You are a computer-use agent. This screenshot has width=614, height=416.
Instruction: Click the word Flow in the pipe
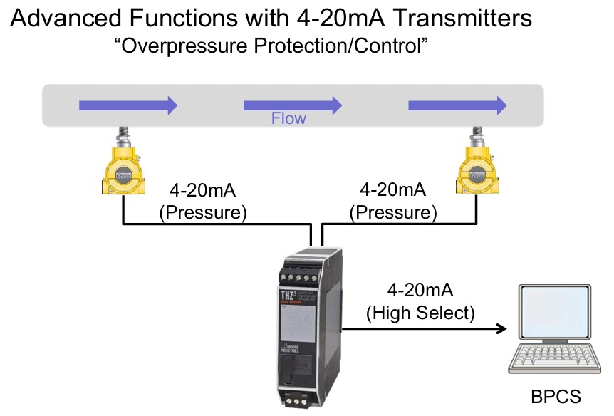288,118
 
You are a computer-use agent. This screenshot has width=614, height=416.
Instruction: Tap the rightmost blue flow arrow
457,105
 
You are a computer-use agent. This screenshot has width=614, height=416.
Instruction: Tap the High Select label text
420,311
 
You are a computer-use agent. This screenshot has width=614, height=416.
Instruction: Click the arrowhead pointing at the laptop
501,329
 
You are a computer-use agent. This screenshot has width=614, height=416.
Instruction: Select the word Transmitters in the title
456,18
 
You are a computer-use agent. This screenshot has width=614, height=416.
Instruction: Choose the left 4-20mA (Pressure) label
206,202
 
